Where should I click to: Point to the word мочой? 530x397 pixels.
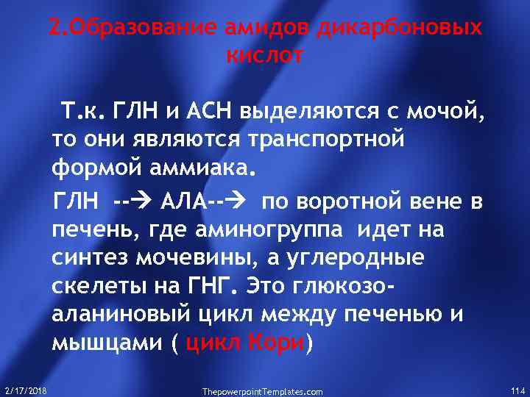point(446,114)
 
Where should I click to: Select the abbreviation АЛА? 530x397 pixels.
point(181,202)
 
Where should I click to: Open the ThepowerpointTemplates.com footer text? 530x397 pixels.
point(262,392)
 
